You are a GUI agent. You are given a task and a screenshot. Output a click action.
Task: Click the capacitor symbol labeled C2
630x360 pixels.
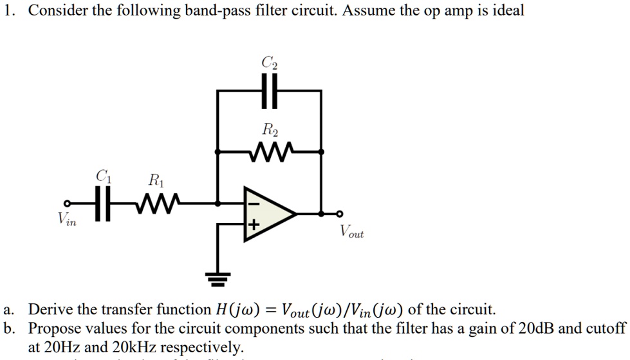[269, 91]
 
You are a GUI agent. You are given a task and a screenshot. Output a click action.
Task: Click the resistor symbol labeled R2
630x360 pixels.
[269, 152]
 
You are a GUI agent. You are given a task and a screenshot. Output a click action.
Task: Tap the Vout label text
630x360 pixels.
[351, 231]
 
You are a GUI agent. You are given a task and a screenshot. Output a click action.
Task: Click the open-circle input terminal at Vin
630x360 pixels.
[66, 204]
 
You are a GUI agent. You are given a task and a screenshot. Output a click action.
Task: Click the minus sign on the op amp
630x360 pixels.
[253, 203]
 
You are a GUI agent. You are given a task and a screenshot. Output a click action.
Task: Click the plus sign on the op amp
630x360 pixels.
[253, 225]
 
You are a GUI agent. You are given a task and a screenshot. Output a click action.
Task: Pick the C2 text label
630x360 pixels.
[269, 62]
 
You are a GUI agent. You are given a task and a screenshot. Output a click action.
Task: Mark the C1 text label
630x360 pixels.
[102, 176]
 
